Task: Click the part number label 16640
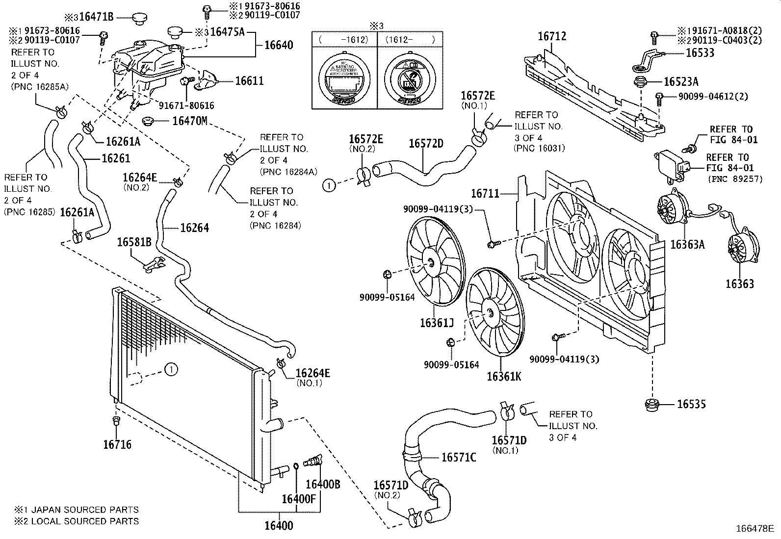279,45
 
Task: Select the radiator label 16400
279,526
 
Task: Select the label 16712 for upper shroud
552,36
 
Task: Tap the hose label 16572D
426,143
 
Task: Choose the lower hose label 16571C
459,457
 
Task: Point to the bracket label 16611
249,81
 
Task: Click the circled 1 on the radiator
171,370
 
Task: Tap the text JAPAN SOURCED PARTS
85,510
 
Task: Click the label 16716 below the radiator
117,445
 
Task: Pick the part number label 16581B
134,242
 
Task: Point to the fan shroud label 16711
485,194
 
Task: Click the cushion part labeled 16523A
640,82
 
